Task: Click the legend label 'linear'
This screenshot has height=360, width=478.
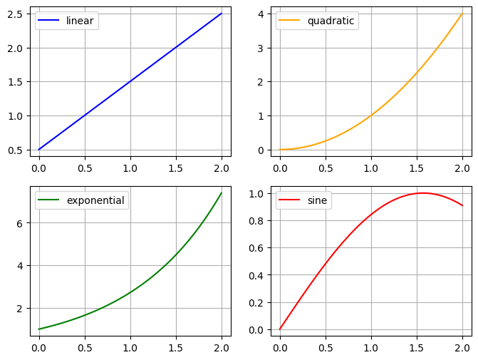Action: pos(80,21)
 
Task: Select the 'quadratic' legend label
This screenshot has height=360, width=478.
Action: pos(331,21)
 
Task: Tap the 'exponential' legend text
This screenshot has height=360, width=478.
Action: pos(95,200)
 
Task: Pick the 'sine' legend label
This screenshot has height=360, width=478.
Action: pos(317,200)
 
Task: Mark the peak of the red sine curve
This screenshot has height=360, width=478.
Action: pos(422,192)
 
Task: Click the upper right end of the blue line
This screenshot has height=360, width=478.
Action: pos(222,14)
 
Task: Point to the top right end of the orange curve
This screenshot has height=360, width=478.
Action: pos(462,14)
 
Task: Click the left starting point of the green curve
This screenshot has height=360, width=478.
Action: pos(39,329)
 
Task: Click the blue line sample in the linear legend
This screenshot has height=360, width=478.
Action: pos(50,21)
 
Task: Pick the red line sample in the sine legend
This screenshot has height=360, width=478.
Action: pos(291,200)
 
